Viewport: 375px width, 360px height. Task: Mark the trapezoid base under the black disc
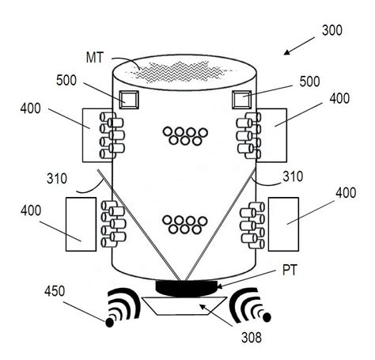(x=184, y=305)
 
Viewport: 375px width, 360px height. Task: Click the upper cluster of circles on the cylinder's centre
(x=184, y=135)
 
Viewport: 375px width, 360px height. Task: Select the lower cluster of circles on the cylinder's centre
(x=184, y=225)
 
